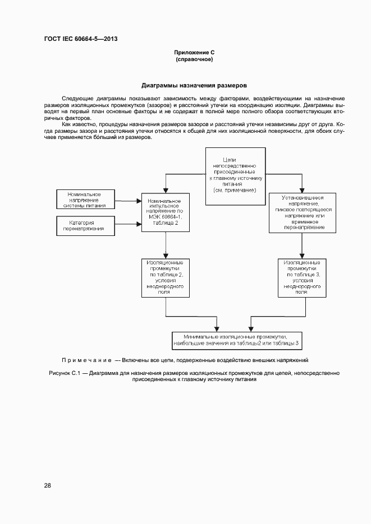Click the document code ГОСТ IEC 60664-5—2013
click(x=81, y=39)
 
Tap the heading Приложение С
click(x=194, y=52)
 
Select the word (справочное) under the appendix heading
click(x=194, y=59)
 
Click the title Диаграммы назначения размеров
click(x=194, y=86)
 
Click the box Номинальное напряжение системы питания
click(x=85, y=200)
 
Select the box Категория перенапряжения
click(x=85, y=226)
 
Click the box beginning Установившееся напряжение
click(x=303, y=212)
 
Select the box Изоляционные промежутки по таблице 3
click(x=302, y=277)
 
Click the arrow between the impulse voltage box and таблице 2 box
click(x=166, y=245)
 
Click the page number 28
click(x=48, y=485)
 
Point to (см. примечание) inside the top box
click(x=235, y=191)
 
